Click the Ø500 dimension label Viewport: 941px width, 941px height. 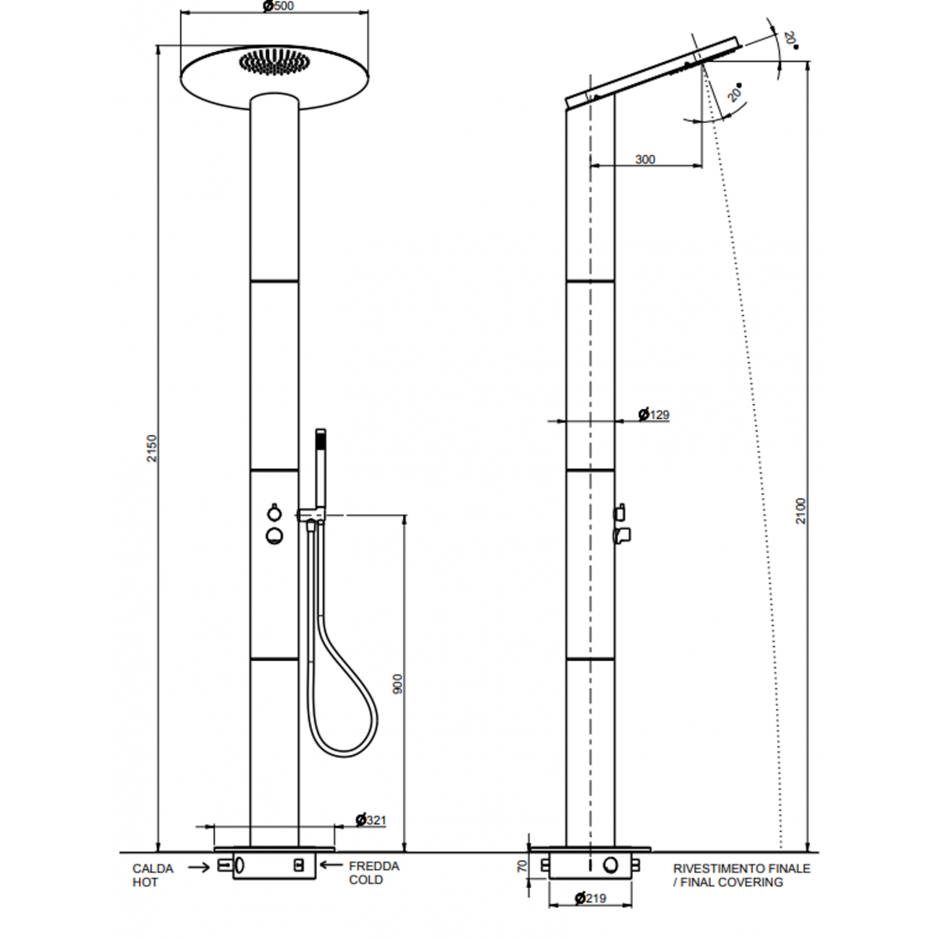(278, 7)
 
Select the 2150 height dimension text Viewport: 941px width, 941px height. (151, 448)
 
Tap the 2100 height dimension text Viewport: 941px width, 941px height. (801, 511)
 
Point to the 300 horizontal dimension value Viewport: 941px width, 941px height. (645, 159)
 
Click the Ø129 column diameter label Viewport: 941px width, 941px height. (654, 415)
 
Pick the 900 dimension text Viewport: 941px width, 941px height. (397, 684)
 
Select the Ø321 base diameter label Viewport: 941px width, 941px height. (371, 820)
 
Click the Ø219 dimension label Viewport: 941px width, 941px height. (590, 898)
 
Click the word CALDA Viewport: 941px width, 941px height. (153, 869)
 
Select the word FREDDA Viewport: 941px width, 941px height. (374, 866)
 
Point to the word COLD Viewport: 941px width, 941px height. (366, 880)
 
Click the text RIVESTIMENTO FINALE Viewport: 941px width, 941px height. (741, 869)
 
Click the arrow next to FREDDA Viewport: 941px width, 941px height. (332, 864)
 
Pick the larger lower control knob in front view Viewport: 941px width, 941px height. (274, 536)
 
